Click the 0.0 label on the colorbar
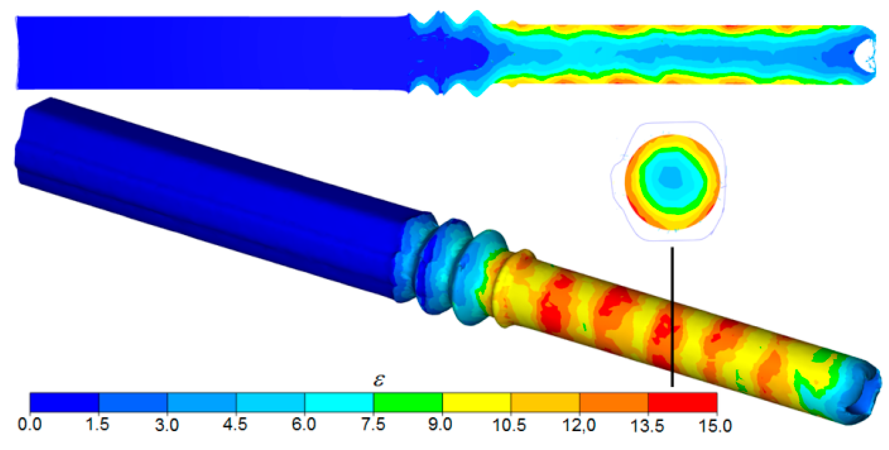[30, 424]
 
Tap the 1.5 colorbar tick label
[98, 424]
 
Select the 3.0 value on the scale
[167, 424]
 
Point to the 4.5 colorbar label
[235, 424]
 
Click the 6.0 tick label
[304, 424]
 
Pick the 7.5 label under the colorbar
[373, 424]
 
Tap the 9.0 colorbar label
[440, 424]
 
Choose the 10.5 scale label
[509, 425]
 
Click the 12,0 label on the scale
[579, 425]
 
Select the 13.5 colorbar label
[647, 426]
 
